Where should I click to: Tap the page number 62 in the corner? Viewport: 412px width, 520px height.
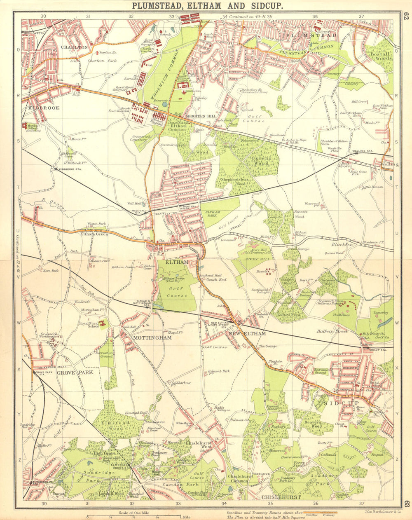(x=406, y=17)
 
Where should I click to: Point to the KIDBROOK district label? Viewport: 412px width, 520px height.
(x=44, y=108)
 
